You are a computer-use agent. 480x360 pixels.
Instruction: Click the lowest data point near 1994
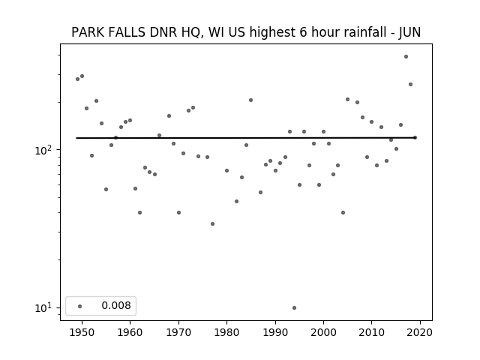pos(294,307)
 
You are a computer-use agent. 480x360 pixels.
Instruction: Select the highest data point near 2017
pos(406,57)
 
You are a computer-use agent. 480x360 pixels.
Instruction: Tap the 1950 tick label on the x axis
pos(82,332)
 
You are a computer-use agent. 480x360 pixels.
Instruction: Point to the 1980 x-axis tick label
pos(226,332)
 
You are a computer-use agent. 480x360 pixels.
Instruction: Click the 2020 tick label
pos(420,332)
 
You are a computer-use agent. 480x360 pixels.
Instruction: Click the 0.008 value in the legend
pos(116,305)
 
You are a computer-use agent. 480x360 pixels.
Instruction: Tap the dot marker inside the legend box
pos(80,306)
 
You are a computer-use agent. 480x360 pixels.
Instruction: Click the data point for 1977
pos(212,223)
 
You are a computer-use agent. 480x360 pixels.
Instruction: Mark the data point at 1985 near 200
pos(250,100)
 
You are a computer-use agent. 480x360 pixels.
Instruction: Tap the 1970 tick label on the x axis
pos(178,332)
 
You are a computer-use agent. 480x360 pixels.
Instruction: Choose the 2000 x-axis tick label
pos(323,332)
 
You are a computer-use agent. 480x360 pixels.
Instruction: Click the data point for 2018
pos(410,85)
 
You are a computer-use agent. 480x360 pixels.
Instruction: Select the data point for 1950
pos(82,76)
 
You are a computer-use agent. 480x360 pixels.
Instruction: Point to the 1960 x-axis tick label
pos(130,332)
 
